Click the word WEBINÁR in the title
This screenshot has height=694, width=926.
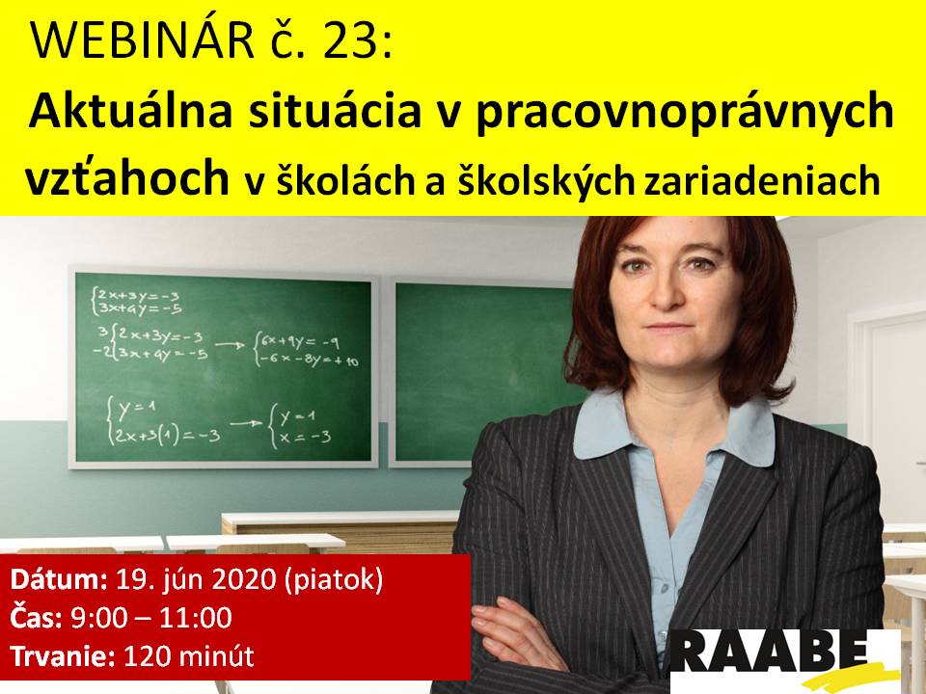(143, 40)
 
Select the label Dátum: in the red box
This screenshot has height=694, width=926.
(59, 580)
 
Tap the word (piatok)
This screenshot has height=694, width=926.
(334, 581)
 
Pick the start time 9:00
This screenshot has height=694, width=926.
(98, 618)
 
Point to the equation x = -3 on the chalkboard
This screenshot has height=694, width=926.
(305, 438)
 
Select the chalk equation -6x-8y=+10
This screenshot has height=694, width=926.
(309, 359)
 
